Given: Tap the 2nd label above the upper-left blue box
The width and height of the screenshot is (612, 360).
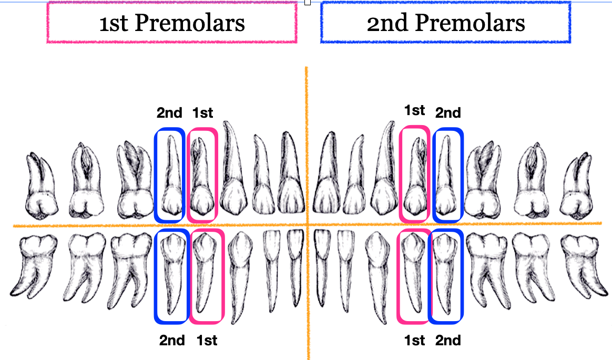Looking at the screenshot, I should pyautogui.click(x=169, y=112).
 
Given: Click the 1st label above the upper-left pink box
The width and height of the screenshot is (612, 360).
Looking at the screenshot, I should pyautogui.click(x=202, y=112).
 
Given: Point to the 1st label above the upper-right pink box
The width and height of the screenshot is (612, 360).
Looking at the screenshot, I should pyautogui.click(x=414, y=110).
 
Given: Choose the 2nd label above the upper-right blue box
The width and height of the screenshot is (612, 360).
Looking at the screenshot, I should pyautogui.click(x=448, y=112).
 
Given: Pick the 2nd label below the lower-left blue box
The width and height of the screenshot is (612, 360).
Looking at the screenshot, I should pyautogui.click(x=172, y=341).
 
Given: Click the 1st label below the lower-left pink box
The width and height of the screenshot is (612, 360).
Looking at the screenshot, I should pyautogui.click(x=207, y=341).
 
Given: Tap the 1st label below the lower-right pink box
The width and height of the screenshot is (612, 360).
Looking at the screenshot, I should pyautogui.click(x=414, y=341).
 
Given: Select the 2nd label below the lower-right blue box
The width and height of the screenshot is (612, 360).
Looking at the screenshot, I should pyautogui.click(x=448, y=341).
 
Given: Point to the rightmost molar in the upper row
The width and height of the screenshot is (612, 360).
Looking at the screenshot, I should pyautogui.click(x=578, y=189).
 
